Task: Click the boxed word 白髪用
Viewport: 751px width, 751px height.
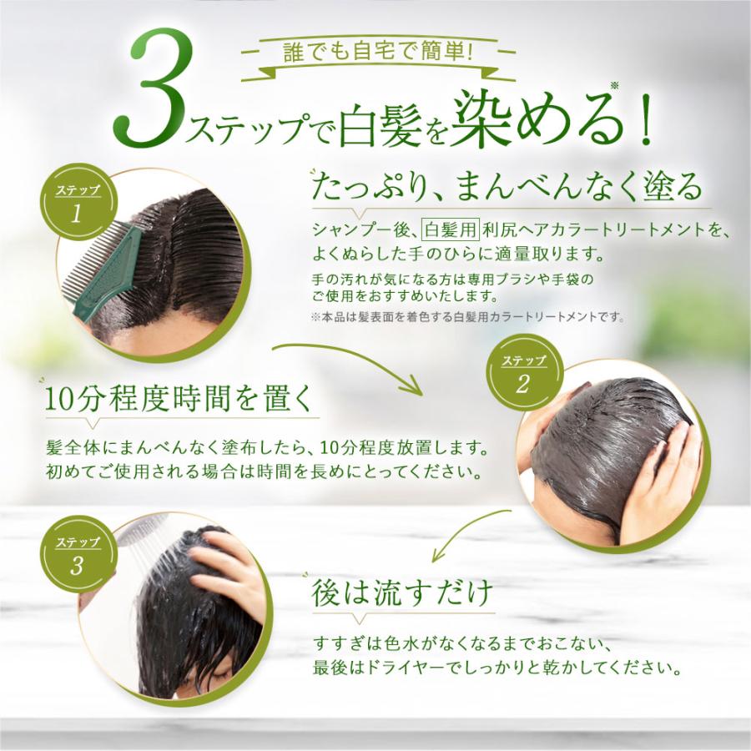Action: (x=443, y=227)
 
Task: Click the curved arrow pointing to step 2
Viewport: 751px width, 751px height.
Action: (x=350, y=360)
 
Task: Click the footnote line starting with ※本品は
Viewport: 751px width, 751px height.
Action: (x=466, y=316)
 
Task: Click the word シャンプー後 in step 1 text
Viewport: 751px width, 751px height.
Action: (x=361, y=228)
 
